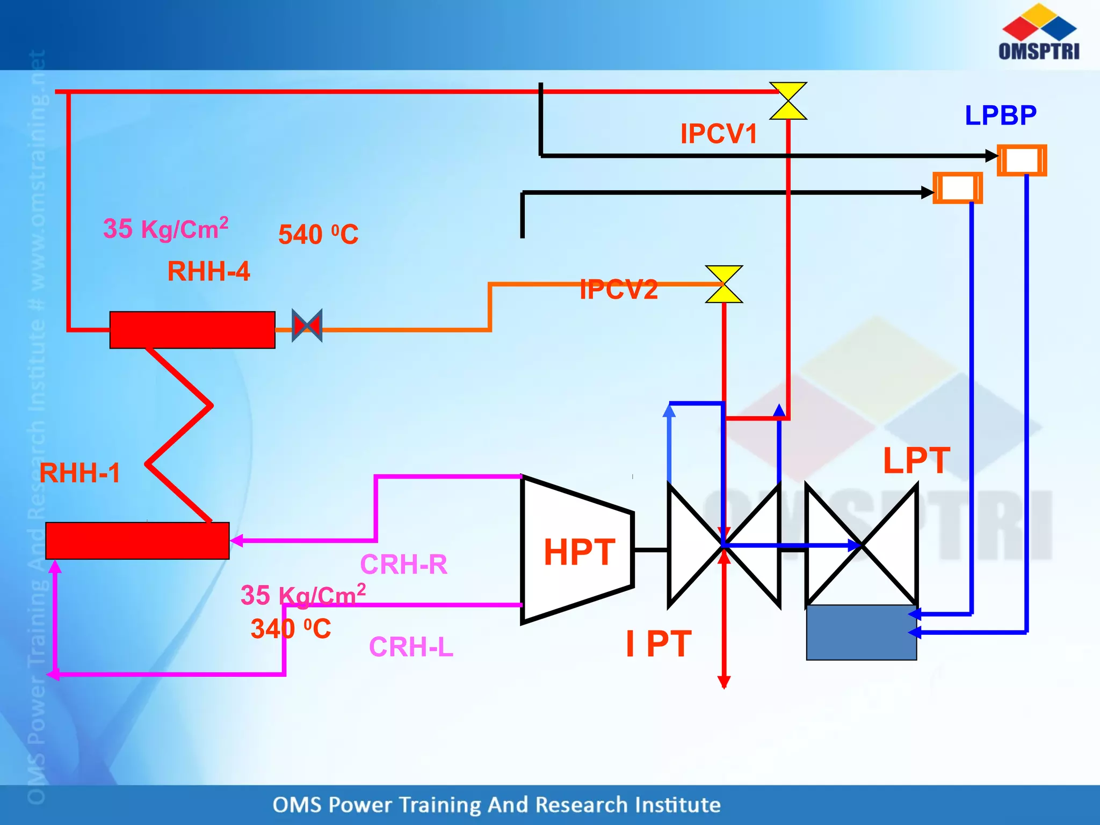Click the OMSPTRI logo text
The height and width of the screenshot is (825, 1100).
tap(1039, 51)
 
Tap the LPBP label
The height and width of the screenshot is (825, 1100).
tap(1000, 115)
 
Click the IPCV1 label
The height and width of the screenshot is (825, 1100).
tap(718, 134)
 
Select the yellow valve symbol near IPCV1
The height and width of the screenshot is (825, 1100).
tap(788, 101)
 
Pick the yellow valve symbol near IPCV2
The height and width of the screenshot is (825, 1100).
tap(723, 284)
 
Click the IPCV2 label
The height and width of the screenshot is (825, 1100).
tap(619, 290)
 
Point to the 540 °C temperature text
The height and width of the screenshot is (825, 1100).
tap(318, 235)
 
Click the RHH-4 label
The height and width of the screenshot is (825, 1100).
tap(208, 271)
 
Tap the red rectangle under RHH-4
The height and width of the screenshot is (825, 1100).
tap(192, 330)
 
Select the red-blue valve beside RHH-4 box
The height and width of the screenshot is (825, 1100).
tap(307, 325)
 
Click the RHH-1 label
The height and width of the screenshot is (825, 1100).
tap(79, 473)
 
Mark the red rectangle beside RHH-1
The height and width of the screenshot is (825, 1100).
tap(137, 540)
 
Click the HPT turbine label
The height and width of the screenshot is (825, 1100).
tap(579, 552)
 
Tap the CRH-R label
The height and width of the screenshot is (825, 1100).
tap(403, 565)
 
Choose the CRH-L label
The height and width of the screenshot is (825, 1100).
tap(411, 647)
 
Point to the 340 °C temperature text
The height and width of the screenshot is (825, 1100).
tap(291, 629)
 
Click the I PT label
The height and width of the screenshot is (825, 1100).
tap(658, 643)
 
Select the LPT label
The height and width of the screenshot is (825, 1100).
tap(916, 461)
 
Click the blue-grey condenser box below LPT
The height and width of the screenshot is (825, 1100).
tap(861, 632)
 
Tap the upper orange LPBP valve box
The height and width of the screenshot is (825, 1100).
tap(1022, 160)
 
